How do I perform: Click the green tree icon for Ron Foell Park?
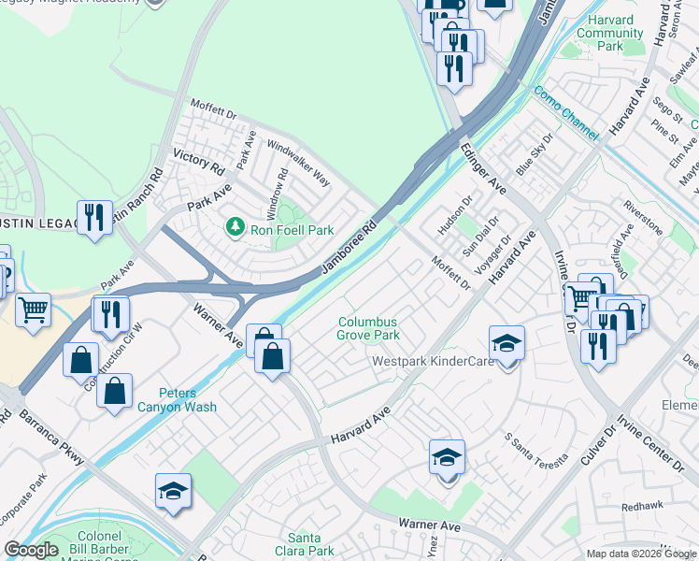pos(235,226)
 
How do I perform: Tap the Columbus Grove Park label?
pos(368,328)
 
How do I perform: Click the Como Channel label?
pos(565,114)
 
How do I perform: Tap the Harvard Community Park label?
pos(609,33)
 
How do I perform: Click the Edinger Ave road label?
pos(483,168)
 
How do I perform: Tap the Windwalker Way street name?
pos(299,162)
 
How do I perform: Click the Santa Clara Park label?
pos(310,544)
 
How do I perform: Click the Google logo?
pos(31,551)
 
